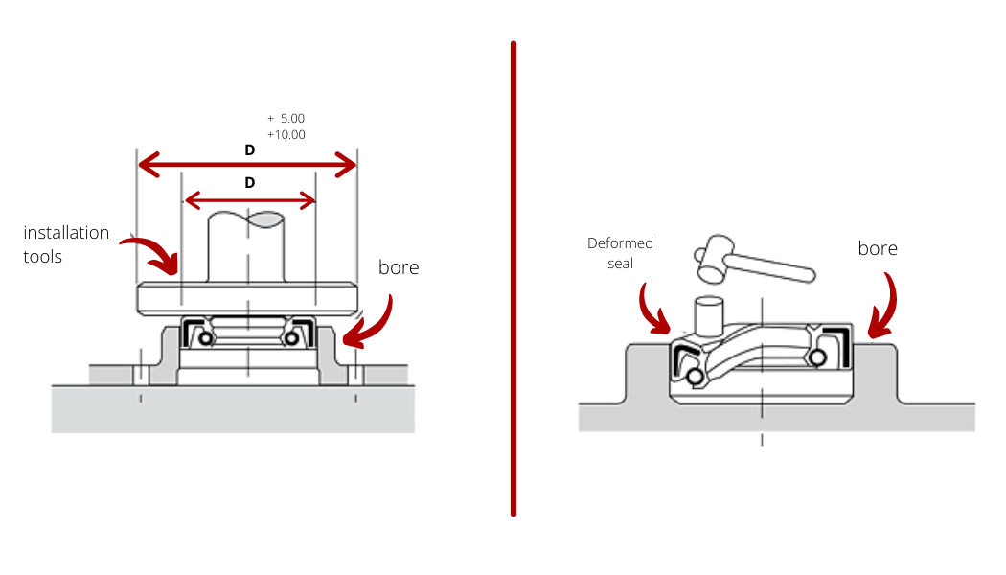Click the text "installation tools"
[66, 244]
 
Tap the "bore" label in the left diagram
[399, 267]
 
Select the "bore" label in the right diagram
[878, 248]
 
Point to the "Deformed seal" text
[620, 253]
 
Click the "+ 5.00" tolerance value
[286, 119]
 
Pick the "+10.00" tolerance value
[286, 135]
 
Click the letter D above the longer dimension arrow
[249, 150]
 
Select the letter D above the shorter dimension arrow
[249, 183]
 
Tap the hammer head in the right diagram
[714, 259]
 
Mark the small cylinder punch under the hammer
[709, 316]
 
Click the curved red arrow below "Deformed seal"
[653, 310]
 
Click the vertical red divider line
[514, 279]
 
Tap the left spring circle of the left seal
[206, 337]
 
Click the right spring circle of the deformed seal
[818, 357]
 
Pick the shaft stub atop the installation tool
[245, 246]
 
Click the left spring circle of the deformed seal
[695, 377]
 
